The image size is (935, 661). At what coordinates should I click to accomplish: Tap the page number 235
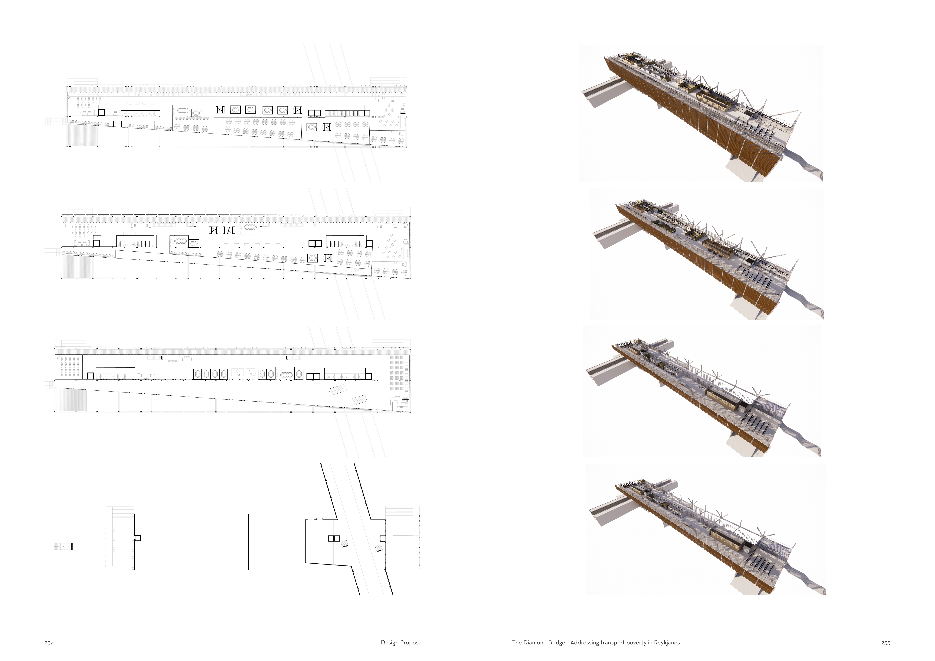[885, 643]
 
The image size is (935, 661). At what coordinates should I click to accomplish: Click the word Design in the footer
[389, 643]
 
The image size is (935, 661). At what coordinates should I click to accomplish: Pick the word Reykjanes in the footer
[667, 643]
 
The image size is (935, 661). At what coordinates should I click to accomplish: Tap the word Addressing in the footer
[584, 643]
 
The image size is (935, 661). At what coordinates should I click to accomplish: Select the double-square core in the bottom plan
[334, 539]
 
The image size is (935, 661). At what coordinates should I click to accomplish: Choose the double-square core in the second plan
[315, 243]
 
